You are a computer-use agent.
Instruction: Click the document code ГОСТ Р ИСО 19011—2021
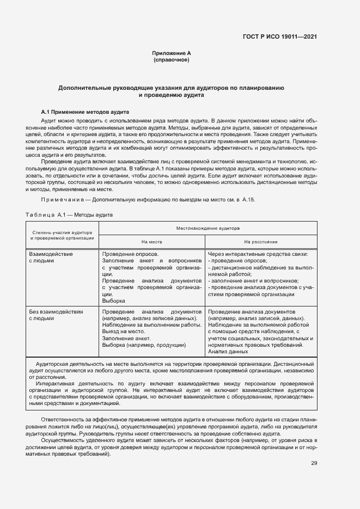[x=279, y=37]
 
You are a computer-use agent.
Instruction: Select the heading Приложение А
[x=172, y=53]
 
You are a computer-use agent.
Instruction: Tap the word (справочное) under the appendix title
[x=172, y=59]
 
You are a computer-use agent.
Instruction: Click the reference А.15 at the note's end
[x=248, y=200]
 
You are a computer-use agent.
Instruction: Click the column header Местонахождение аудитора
[x=207, y=228]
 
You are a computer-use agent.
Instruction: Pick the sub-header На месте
[x=152, y=241]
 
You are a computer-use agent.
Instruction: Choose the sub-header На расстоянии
[x=261, y=241]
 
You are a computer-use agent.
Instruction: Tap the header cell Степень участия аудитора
[x=62, y=232]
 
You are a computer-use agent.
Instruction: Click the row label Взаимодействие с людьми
[x=51, y=257]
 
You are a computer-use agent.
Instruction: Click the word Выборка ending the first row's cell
[x=114, y=301]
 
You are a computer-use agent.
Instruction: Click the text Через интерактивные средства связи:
[x=258, y=254]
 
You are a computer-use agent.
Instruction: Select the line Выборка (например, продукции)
[x=144, y=345]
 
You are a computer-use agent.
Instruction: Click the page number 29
[x=314, y=463]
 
